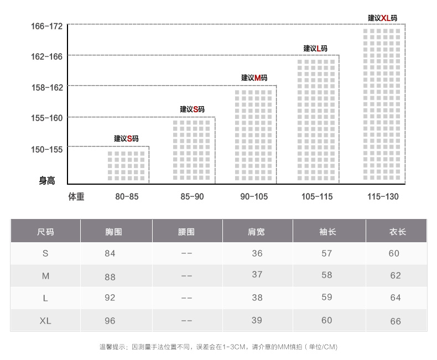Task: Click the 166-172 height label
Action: (48, 26)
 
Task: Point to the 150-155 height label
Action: (48, 149)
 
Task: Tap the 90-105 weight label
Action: (254, 196)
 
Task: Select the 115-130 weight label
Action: (383, 196)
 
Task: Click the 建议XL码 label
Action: (382, 18)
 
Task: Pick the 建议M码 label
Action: (254, 78)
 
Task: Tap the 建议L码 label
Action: (315, 49)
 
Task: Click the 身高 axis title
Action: (47, 180)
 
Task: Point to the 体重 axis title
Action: (76, 196)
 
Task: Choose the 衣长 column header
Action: (398, 232)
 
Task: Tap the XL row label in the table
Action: (45, 321)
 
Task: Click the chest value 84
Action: (110, 253)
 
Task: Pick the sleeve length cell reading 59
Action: (326, 298)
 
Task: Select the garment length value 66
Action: (396, 321)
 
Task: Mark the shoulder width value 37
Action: (257, 275)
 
